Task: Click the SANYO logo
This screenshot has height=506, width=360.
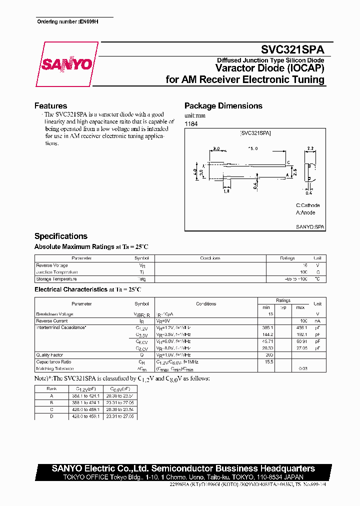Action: click(66, 64)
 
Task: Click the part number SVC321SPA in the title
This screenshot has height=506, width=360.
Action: click(292, 49)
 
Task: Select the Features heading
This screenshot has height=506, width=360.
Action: click(50, 105)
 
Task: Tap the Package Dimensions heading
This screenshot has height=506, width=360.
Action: click(223, 105)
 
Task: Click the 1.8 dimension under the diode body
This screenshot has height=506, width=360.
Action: click(226, 190)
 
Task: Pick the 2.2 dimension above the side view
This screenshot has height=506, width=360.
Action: click(309, 148)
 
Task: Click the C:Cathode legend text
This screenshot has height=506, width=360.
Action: click(307, 205)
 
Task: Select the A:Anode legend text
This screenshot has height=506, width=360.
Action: click(305, 212)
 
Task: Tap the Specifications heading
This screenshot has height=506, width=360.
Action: click(60, 236)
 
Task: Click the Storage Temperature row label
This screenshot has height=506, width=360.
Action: click(56, 279)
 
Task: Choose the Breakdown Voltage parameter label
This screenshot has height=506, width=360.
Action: click(55, 314)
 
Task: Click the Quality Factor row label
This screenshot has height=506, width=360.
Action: click(50, 354)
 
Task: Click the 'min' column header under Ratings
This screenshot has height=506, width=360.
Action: click(266, 307)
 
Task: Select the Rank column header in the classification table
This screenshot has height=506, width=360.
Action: click(51, 388)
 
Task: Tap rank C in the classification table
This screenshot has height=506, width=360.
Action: click(51, 409)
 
